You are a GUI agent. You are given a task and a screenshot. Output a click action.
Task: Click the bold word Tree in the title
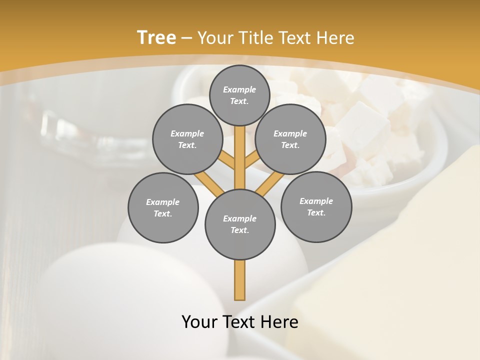click(x=156, y=37)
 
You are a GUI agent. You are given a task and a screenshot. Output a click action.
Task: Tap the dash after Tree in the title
click(x=186, y=38)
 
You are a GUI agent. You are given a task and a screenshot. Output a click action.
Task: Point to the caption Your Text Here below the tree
click(x=239, y=322)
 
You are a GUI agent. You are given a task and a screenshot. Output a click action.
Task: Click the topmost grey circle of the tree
click(x=239, y=95)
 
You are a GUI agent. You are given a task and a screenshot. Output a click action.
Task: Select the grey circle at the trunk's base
click(x=239, y=224)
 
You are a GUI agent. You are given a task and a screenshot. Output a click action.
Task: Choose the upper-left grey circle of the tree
click(x=187, y=139)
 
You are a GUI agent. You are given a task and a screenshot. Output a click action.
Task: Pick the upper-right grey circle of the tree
click(x=290, y=139)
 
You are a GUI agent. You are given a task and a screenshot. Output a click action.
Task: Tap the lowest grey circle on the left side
click(x=162, y=207)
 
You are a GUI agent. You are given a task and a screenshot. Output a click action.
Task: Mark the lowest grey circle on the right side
click(x=316, y=206)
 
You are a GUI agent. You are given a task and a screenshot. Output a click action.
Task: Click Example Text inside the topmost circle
click(x=239, y=95)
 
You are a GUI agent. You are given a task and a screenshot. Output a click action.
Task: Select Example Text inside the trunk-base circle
click(x=239, y=224)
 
